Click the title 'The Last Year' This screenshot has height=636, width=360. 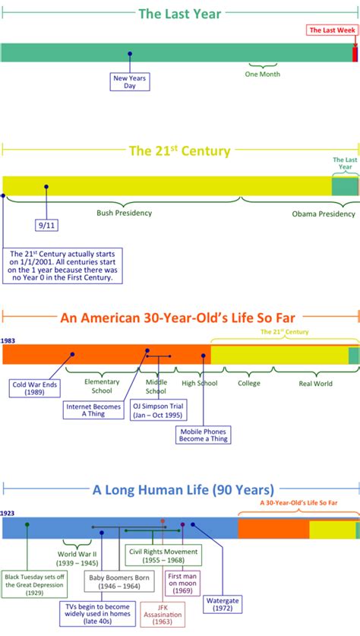179,14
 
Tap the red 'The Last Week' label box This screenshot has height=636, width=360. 330,30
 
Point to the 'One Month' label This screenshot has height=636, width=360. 263,74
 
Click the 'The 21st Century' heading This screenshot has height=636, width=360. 179,150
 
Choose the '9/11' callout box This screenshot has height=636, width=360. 46,226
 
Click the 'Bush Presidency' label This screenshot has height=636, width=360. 124,213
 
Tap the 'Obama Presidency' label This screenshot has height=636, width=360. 323,214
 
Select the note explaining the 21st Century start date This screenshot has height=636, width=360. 62,266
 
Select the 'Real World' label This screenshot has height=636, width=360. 315,384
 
